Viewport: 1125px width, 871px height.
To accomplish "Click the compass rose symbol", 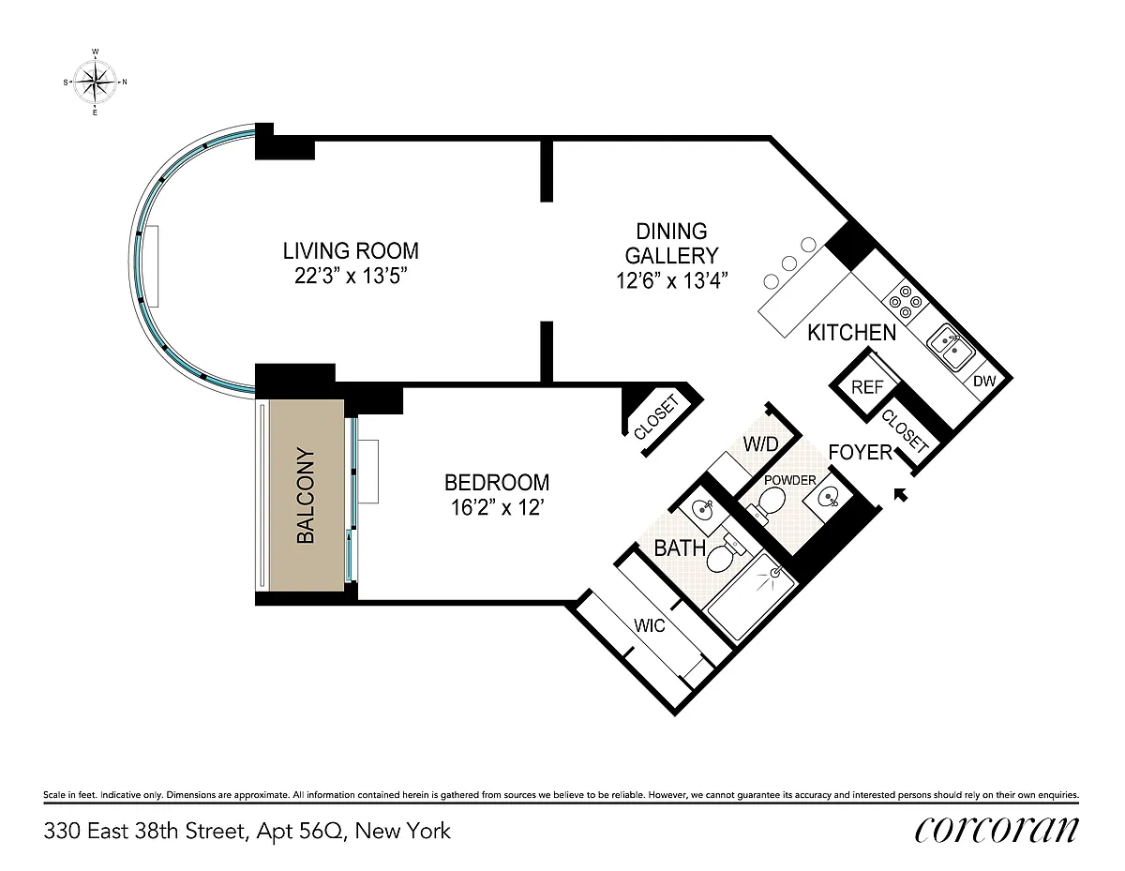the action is [95, 82].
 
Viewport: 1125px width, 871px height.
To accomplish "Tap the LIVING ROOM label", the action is [351, 251].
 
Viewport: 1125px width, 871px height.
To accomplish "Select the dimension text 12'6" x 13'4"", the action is [671, 280].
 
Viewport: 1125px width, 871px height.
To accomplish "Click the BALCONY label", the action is [306, 496].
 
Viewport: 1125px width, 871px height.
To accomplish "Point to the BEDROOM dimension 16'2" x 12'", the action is [497, 508].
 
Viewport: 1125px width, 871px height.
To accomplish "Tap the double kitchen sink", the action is [951, 347].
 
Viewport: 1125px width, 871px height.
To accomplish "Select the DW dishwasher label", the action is [984, 381].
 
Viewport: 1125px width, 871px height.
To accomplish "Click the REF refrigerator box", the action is [867, 386].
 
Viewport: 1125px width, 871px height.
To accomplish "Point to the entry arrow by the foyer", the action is [901, 495].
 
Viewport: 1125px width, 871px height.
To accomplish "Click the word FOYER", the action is [860, 452].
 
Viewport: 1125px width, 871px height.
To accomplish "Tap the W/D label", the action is [760, 443].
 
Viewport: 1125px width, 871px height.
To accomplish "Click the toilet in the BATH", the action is [723, 553].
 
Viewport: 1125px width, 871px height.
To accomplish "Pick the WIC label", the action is [649, 625].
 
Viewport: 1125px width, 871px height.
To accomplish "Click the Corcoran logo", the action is [996, 830].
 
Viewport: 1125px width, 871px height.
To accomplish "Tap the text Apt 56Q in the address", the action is [298, 831].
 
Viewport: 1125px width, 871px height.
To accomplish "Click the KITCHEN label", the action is [851, 333].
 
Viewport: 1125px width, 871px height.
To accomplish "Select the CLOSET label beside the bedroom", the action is [656, 417].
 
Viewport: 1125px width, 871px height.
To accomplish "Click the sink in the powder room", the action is [827, 497].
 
